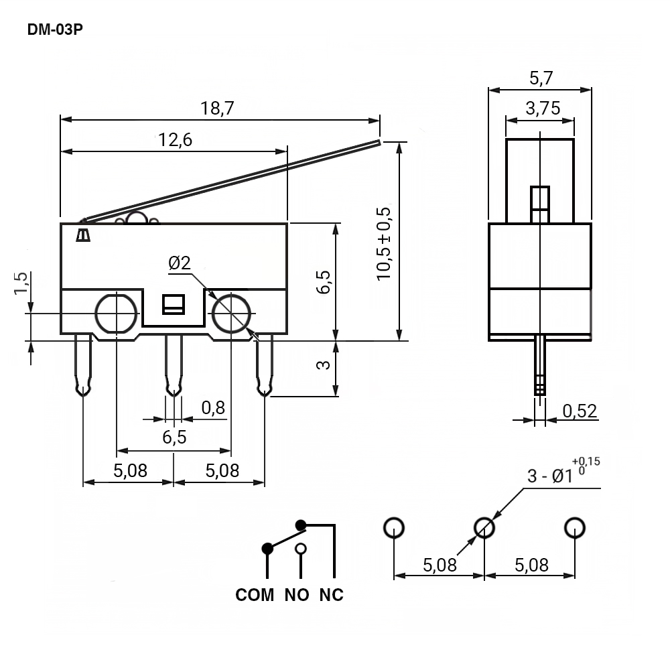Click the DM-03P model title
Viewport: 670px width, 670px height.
pos(56,30)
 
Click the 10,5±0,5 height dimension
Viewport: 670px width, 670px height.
pos(383,242)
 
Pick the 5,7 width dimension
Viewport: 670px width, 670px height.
pos(540,78)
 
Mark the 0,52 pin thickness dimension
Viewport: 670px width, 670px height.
pos(580,411)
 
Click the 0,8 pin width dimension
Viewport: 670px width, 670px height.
pos(213,407)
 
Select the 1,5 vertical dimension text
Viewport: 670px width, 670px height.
pos(21,283)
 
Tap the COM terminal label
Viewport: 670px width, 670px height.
pos(255,595)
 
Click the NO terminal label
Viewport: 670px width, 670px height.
pos(297,595)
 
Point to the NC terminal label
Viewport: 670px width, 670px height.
pos(331,595)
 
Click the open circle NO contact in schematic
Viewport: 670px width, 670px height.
pos(301,549)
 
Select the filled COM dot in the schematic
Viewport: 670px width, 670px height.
pos(267,549)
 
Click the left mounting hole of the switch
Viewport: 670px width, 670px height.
pos(117,313)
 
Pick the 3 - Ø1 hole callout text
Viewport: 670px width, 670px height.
pos(551,475)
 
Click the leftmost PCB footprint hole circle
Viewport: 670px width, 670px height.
pos(394,527)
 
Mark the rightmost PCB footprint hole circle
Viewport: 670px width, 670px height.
pos(575,527)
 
